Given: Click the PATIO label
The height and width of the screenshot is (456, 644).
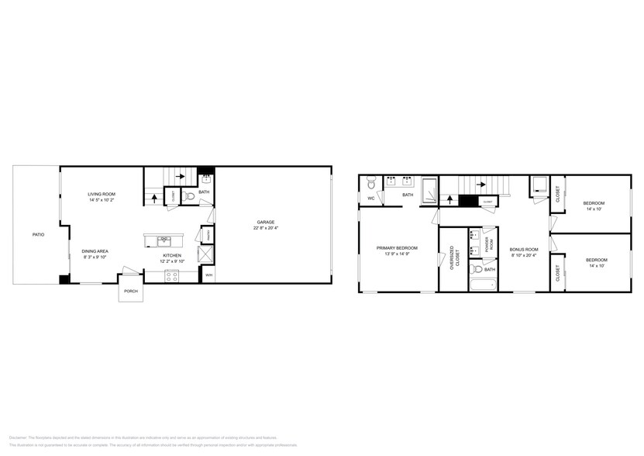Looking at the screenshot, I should (x=37, y=233).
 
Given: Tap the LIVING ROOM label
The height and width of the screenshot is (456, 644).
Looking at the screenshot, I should (x=102, y=195).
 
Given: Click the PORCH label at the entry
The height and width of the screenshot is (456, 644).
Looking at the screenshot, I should (x=129, y=292).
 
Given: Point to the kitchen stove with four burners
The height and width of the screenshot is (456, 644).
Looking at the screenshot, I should (x=170, y=275).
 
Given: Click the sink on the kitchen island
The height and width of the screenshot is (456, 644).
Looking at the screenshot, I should (x=164, y=240).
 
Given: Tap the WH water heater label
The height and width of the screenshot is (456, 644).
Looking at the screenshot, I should (x=208, y=275).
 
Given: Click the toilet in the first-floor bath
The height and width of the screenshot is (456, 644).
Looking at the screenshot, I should (x=191, y=198).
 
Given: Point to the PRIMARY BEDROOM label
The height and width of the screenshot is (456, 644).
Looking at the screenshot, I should (x=398, y=248).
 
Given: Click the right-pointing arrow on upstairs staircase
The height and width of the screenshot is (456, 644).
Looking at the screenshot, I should (x=481, y=185).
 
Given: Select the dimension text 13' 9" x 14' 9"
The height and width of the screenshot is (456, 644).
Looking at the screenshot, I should (x=398, y=254).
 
